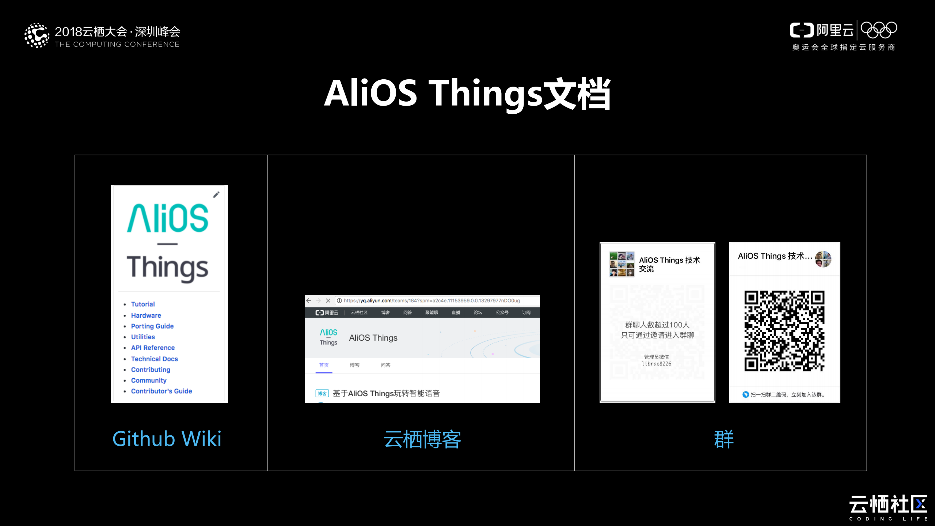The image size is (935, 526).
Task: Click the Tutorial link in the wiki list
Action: pos(143,304)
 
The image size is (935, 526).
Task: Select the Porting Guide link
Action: pos(152,326)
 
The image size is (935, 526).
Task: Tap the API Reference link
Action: pos(153,348)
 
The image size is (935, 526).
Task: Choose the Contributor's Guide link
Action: pos(161,391)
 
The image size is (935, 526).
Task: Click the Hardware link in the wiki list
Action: pos(146,315)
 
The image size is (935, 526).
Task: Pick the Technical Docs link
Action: pos(154,359)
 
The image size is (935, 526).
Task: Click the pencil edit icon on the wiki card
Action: pos(216,195)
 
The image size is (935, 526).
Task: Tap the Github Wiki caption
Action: pos(167,439)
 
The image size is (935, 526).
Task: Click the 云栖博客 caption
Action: pos(422,439)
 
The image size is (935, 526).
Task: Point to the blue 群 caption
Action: pos(724,439)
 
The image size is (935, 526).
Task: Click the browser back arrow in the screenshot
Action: pos(309,300)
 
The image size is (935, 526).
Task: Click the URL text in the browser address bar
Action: pos(431,301)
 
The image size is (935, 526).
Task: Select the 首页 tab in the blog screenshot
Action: pos(324,365)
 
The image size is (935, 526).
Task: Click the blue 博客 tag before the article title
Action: pos(322,394)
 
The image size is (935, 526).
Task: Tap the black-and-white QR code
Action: pos(784,331)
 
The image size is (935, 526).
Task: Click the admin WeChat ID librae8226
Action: pos(657,364)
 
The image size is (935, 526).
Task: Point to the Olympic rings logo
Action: pos(879,30)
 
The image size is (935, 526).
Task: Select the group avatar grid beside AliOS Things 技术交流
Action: pos(622,264)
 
